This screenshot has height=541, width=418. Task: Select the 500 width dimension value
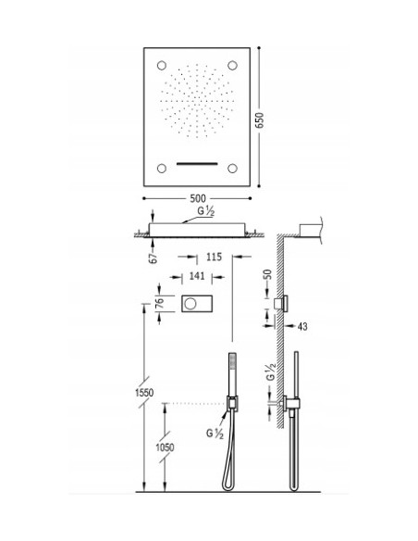tap(198, 198)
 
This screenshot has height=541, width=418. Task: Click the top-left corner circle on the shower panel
tap(162, 65)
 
